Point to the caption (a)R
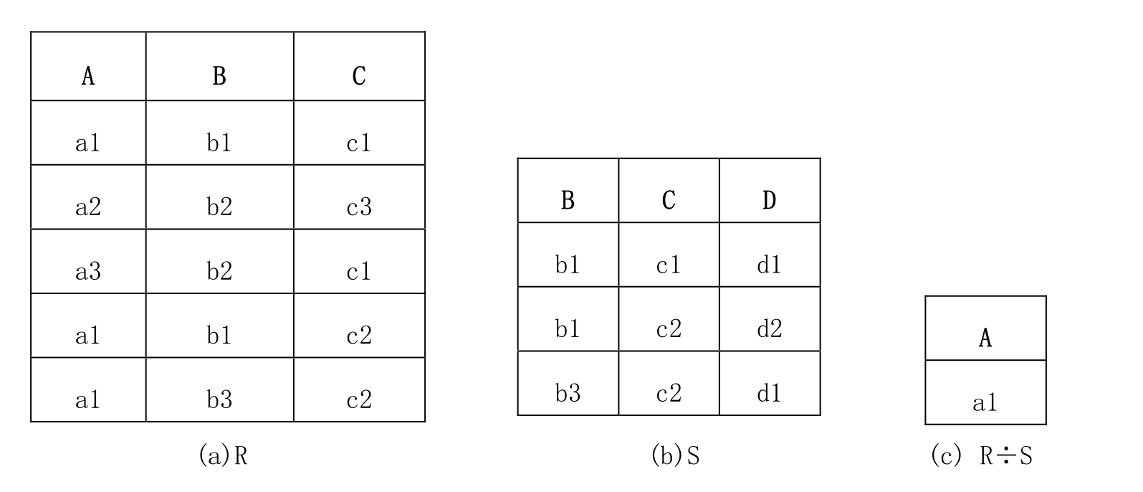click(x=224, y=455)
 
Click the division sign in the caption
click(x=1005, y=455)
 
